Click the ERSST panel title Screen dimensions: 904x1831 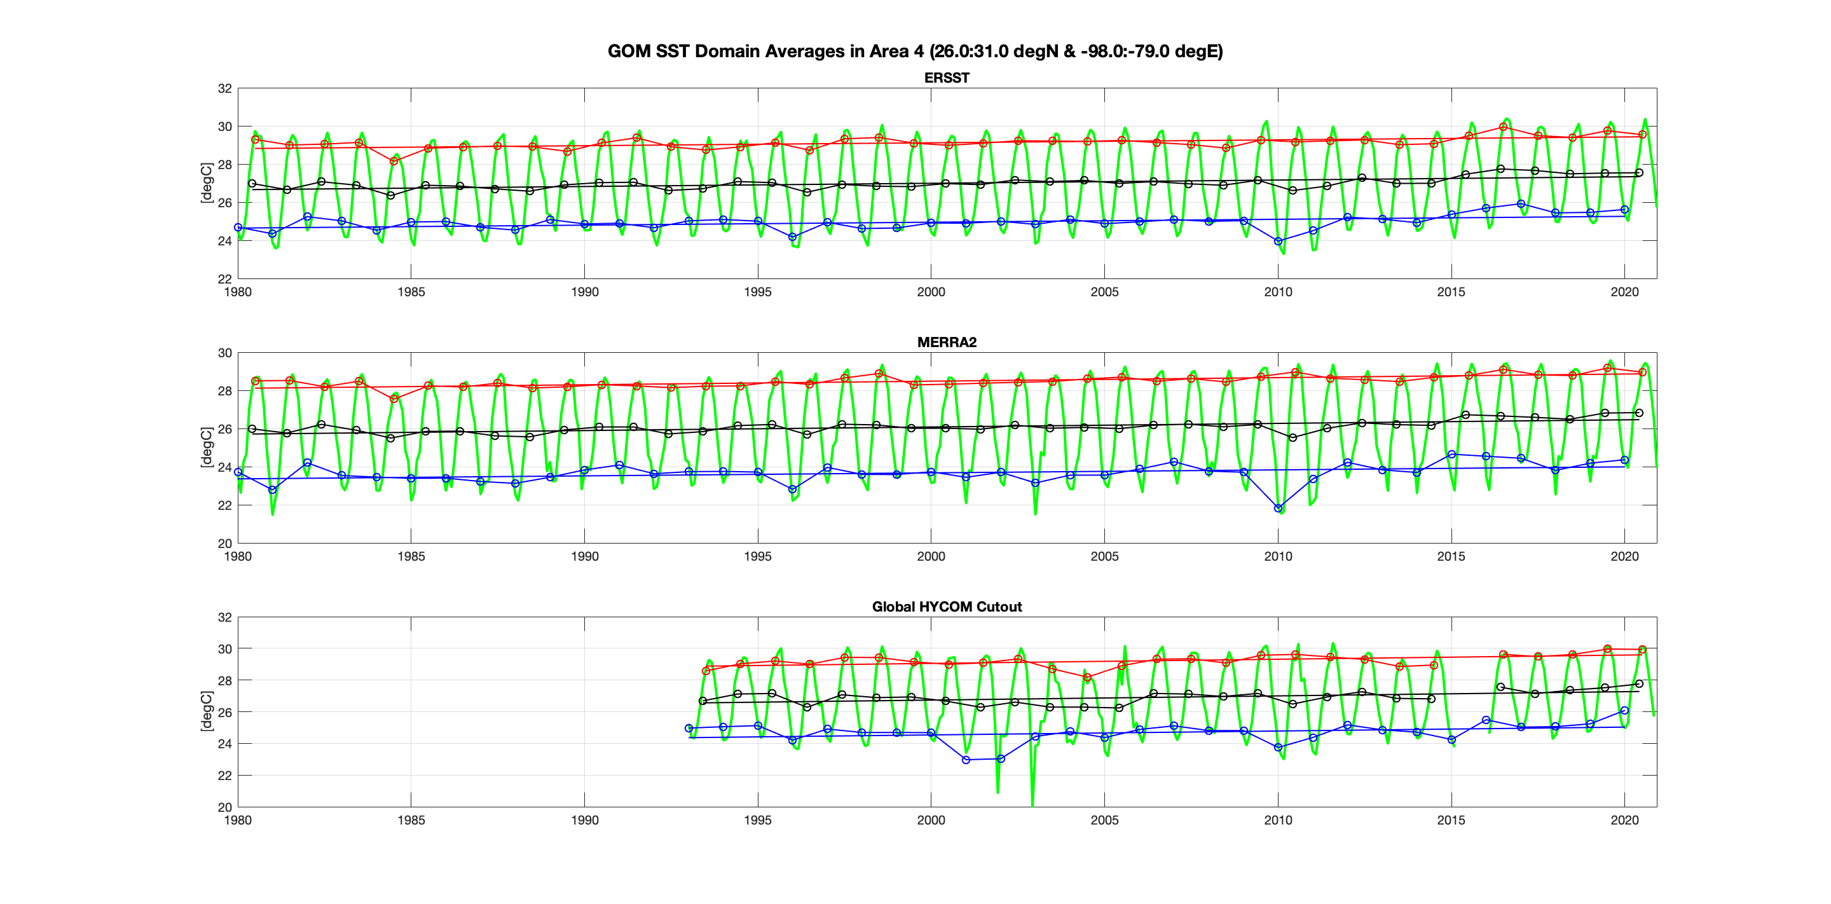click(946, 78)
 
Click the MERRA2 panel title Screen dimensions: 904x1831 click(946, 342)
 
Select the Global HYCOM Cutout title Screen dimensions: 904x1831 click(946, 606)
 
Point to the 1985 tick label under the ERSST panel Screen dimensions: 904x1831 click(411, 291)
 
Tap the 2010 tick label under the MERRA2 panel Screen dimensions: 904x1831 click(1277, 556)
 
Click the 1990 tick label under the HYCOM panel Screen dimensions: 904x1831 click(584, 820)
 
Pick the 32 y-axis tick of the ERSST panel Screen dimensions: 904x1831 click(224, 89)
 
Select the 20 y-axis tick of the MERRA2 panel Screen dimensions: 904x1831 click(224, 543)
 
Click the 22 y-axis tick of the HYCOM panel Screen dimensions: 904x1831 click(224, 776)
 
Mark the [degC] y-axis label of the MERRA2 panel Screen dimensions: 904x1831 click(206, 447)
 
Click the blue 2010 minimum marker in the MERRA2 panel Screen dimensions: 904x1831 click(1278, 508)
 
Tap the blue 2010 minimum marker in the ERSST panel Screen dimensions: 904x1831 click(1278, 242)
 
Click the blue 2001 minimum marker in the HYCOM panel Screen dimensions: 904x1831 click(966, 760)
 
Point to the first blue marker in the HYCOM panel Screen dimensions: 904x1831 click(689, 729)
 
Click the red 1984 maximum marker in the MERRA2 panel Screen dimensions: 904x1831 click(394, 399)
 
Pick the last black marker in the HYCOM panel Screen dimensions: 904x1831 click(1639, 683)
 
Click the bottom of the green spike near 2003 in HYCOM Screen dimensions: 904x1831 click(1032, 804)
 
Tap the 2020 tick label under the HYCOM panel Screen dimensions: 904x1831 click(1624, 820)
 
